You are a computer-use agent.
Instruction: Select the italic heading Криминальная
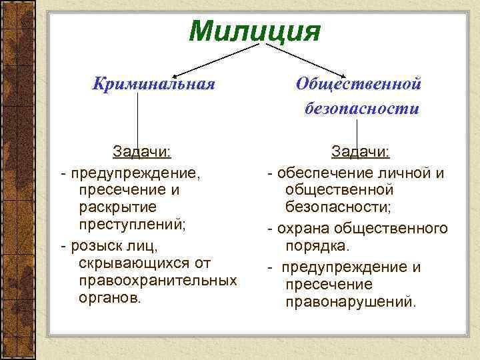154,84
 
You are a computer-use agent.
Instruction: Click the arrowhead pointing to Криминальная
175,70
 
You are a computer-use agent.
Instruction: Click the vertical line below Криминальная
139,120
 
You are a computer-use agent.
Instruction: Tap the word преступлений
131,224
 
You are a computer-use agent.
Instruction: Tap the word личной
399,173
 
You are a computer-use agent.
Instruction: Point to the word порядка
317,246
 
